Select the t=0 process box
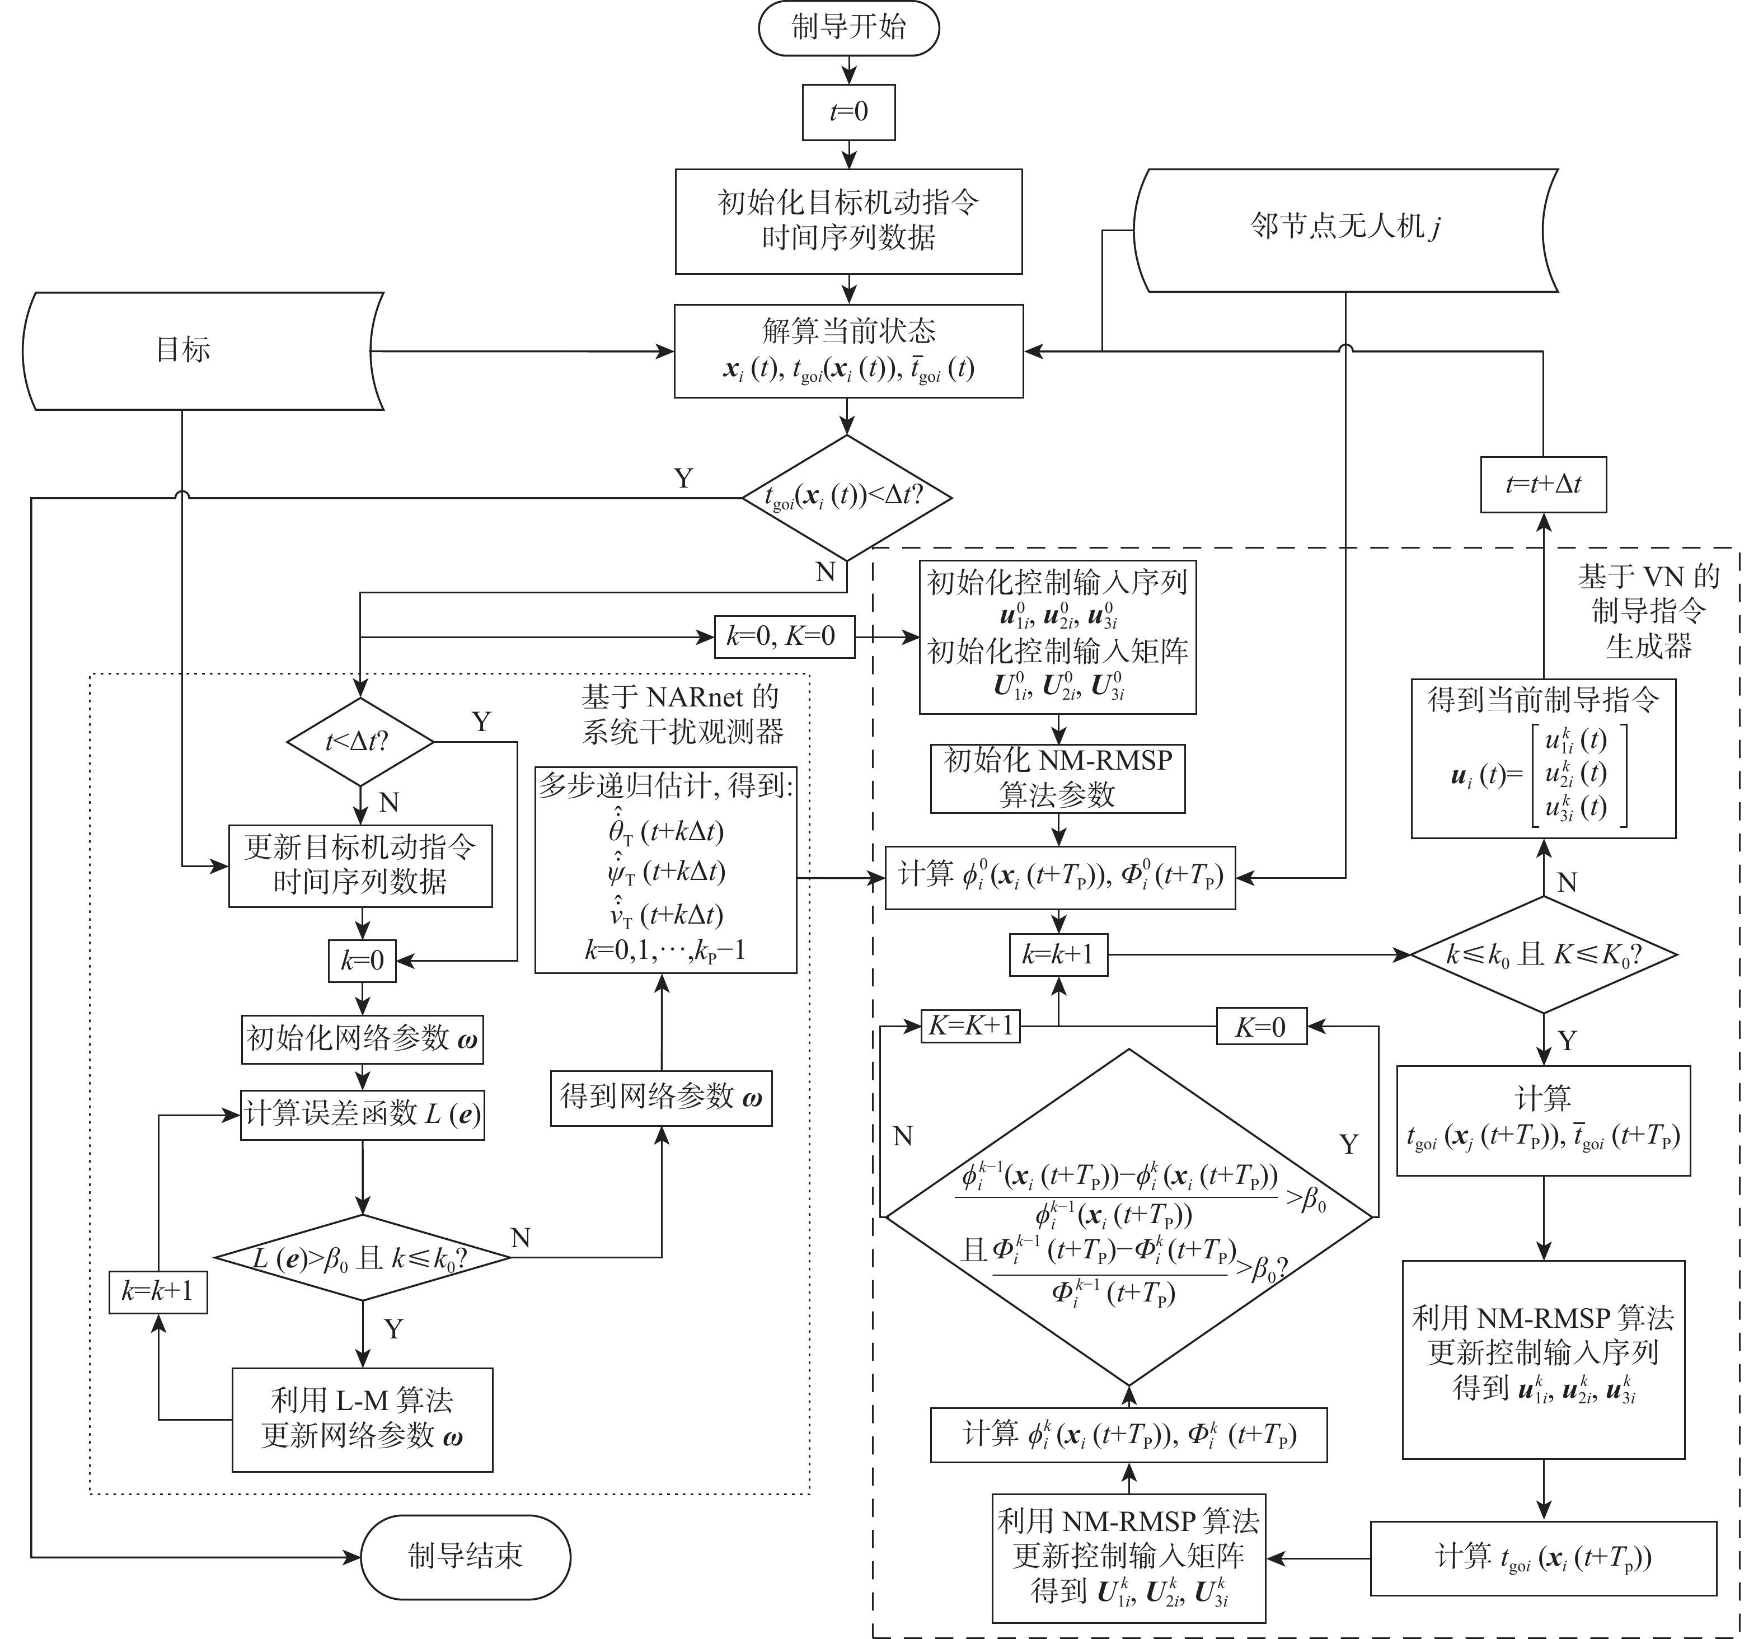tap(848, 112)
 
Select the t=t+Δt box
tap(1543, 484)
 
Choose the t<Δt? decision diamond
tap(359, 741)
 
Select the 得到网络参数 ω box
tap(660, 1098)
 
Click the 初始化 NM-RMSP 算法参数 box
tap(1057, 778)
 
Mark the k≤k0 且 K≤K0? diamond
tap(1543, 954)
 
